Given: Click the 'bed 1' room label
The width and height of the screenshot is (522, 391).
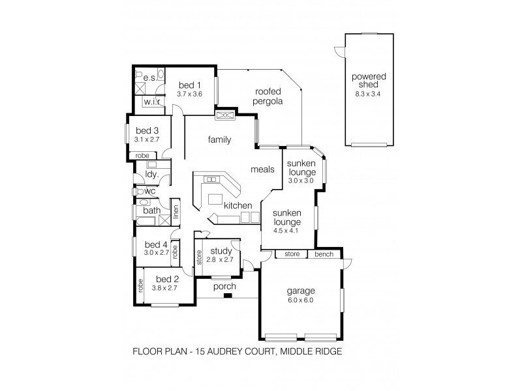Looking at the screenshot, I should (189, 85).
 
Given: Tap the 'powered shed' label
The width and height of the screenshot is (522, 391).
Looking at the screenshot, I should (369, 81).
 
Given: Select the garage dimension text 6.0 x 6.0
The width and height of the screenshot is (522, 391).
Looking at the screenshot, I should (300, 300).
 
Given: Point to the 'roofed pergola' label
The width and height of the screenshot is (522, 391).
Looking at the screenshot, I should (268, 96).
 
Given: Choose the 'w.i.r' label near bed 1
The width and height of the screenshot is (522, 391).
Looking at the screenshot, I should (153, 102).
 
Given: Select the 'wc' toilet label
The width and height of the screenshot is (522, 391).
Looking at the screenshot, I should (149, 192).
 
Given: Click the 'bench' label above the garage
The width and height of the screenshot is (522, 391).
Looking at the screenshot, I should (324, 253).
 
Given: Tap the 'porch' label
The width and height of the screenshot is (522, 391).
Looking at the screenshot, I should (224, 286).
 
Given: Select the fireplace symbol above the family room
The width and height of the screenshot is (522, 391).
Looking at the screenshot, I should (226, 115).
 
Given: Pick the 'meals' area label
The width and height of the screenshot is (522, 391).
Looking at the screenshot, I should (262, 169).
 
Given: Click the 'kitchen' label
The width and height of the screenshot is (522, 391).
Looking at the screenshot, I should (238, 205).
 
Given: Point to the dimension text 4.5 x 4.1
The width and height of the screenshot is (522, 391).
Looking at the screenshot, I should (286, 230).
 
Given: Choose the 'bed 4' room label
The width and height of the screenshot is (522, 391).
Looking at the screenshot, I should (156, 244).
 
